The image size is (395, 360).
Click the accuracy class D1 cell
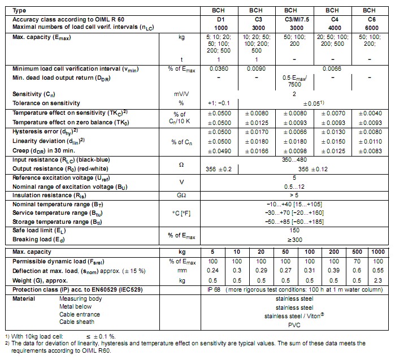[218, 19]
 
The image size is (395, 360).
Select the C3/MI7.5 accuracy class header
[290, 19]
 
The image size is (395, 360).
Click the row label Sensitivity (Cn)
[35, 94]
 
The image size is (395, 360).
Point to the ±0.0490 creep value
[219, 151]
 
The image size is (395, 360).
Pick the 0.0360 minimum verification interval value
[219, 68]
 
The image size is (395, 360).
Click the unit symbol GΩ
[182, 194]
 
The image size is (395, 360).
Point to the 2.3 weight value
[378, 280]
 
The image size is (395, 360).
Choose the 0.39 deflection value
[335, 270]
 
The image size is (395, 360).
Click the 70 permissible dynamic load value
[357, 261]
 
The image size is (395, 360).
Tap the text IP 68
[212, 289]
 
